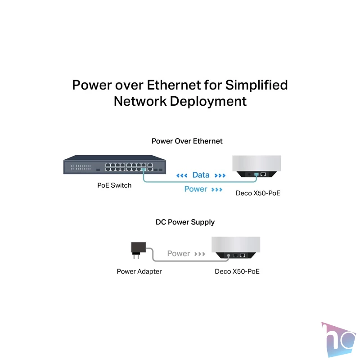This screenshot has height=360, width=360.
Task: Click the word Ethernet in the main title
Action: pos(174,85)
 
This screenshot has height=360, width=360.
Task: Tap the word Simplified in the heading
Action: pos(256,85)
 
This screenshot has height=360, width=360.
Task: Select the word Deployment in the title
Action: pos(208,102)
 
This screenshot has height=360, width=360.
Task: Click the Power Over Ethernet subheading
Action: pos(187,141)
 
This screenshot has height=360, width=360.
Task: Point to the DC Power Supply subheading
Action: pos(185,222)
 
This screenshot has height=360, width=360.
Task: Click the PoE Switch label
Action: pos(114,185)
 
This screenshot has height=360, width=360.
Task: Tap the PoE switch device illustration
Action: pos(115,164)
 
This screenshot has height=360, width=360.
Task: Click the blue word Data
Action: pos(201,175)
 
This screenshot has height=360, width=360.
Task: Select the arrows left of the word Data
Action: pos(182,175)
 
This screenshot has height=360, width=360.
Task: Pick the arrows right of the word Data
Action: pos(220,175)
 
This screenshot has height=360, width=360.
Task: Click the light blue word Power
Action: pos(196,189)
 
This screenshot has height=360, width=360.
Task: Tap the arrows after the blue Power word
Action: pos(217,189)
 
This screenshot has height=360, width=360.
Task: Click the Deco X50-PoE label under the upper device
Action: pos(258,193)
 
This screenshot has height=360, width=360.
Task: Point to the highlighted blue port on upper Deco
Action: pos(256,175)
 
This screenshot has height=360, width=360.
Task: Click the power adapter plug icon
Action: pos(138,250)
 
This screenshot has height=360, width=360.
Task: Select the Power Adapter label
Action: pos(139,271)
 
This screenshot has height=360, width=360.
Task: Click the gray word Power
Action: pos(178,253)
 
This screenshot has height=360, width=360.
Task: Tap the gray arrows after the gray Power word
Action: pos(199,254)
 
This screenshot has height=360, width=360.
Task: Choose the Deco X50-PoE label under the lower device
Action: pos(237,271)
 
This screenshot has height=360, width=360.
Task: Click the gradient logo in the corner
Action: pos(338,339)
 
